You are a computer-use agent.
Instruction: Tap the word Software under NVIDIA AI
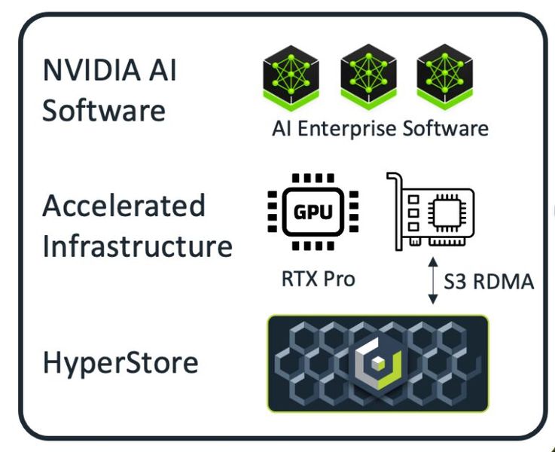103,110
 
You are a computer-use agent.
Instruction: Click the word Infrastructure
137,246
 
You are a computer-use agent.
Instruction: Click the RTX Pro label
316,279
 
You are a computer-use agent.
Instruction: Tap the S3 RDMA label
489,282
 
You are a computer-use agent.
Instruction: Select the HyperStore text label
120,363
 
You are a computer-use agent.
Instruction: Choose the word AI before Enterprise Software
282,129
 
